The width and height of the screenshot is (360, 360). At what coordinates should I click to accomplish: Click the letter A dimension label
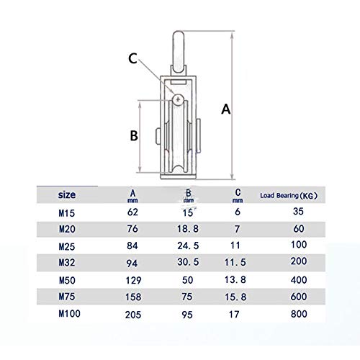coord(225,110)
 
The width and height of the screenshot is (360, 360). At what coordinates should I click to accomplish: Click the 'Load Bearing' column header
coord(288,195)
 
